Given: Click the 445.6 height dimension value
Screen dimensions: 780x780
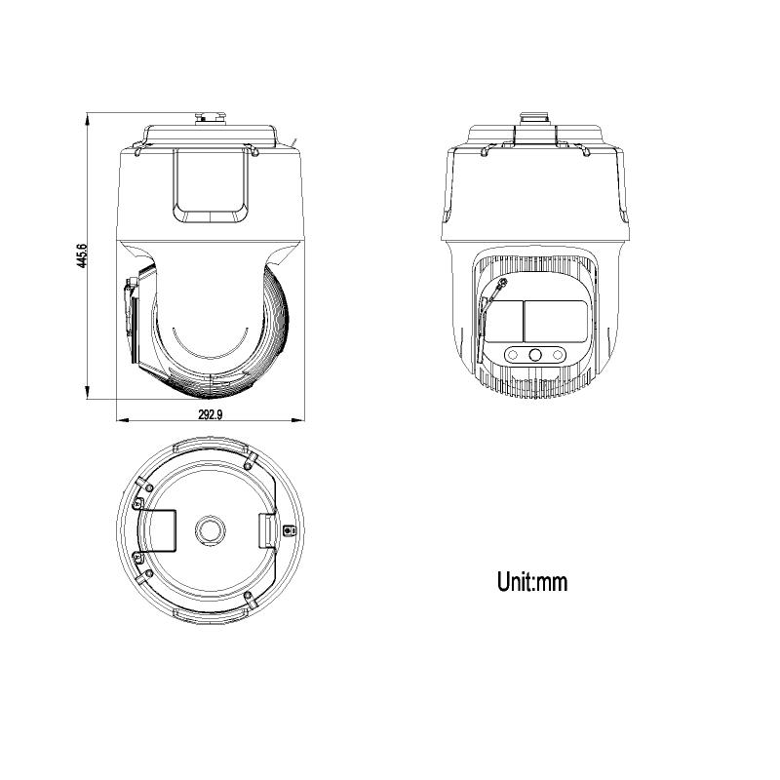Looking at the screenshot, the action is click(x=82, y=255).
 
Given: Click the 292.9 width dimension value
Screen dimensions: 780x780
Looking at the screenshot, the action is click(x=211, y=414).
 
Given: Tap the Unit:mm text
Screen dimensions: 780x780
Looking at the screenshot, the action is click(x=531, y=581).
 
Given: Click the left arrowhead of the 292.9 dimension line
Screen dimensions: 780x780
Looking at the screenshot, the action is click(x=123, y=420).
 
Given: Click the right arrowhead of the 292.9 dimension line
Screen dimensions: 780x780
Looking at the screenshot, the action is click(x=297, y=420).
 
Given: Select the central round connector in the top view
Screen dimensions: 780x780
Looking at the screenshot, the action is click(x=210, y=530).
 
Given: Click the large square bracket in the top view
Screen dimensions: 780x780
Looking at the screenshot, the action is click(x=157, y=531).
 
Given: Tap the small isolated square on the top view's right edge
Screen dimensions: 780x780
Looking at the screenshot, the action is click(x=289, y=531).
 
